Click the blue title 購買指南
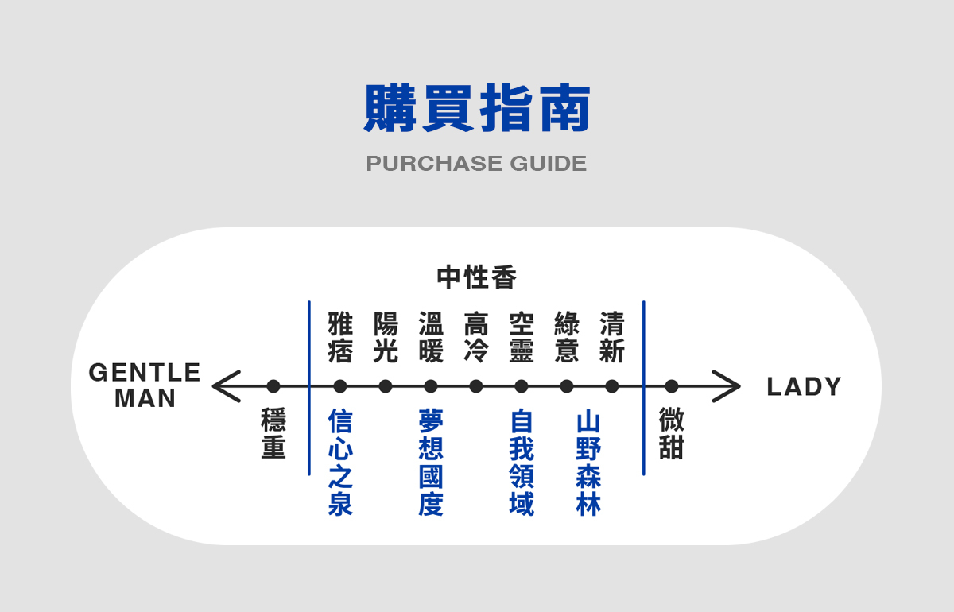pyautogui.click(x=477, y=109)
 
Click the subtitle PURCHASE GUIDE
pyautogui.click(x=477, y=164)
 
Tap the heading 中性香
pyautogui.click(x=477, y=277)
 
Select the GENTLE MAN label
pyautogui.click(x=145, y=385)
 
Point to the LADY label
pyautogui.click(x=804, y=387)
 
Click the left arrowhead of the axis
pyautogui.click(x=225, y=386)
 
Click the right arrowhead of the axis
pyautogui.click(x=727, y=386)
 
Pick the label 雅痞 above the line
pyautogui.click(x=340, y=338)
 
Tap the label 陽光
pyautogui.click(x=386, y=338)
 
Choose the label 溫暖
pyautogui.click(x=431, y=338)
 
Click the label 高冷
pyautogui.click(x=476, y=338)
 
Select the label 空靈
pyautogui.click(x=522, y=338)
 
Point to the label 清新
pyautogui.click(x=612, y=338)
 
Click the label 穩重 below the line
pyautogui.click(x=273, y=434)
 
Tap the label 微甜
pyautogui.click(x=672, y=434)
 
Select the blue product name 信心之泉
pyautogui.click(x=340, y=463)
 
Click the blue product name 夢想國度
pyautogui.click(x=431, y=463)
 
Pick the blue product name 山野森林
pyautogui.click(x=588, y=463)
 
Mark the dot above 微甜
pyautogui.click(x=672, y=386)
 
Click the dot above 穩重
pyautogui.click(x=273, y=386)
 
